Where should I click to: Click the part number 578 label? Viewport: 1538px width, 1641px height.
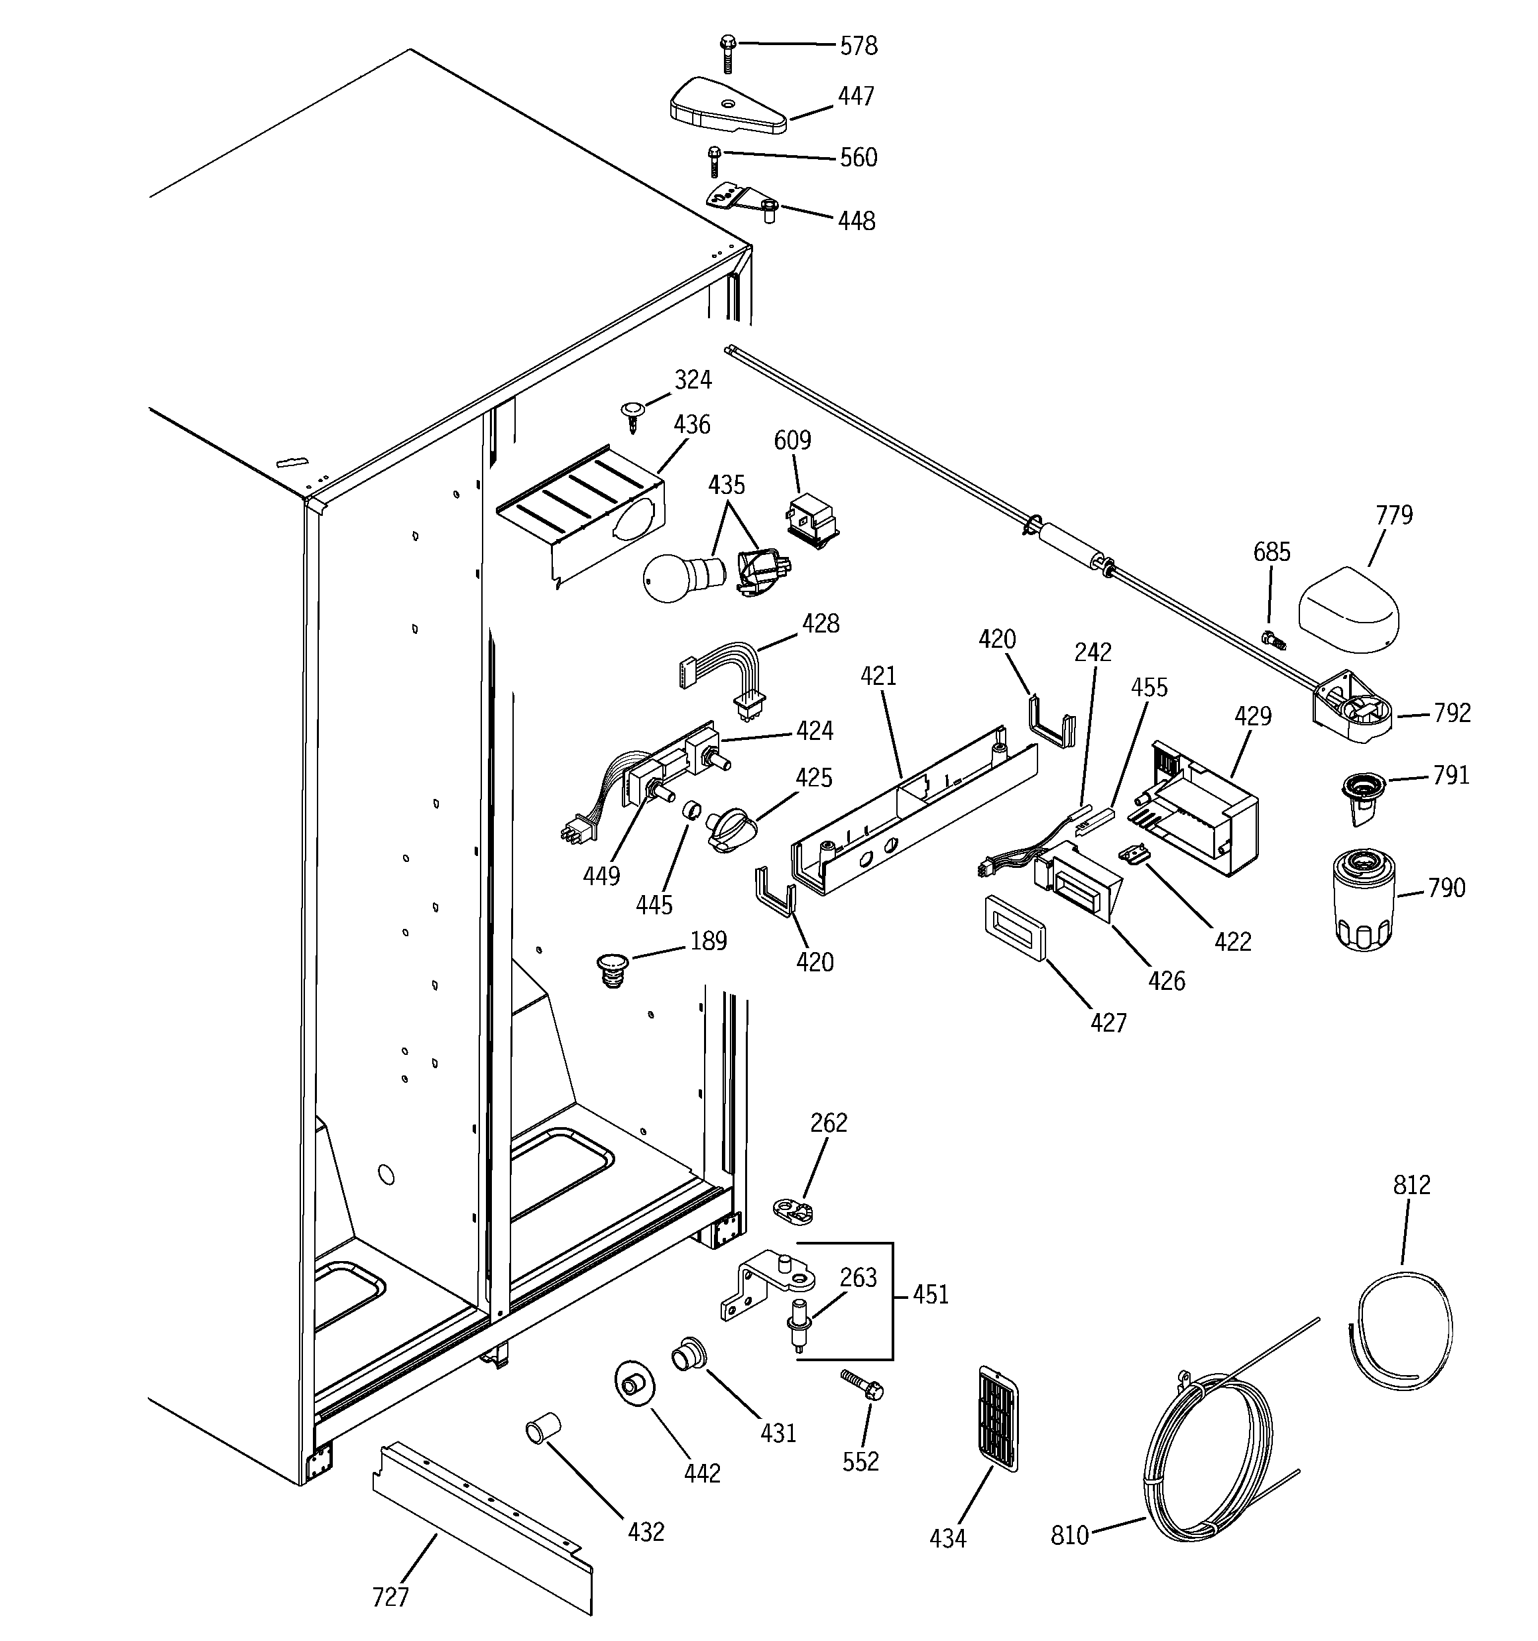(x=858, y=46)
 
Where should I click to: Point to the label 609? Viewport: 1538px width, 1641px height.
(x=792, y=440)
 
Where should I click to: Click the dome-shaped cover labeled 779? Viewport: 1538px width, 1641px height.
(x=1349, y=610)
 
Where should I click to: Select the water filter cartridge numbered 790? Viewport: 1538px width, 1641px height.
(x=1364, y=902)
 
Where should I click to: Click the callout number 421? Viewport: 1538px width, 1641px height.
(x=878, y=676)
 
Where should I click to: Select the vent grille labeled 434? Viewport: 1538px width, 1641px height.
(x=997, y=1418)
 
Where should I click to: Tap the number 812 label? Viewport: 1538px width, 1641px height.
(x=1411, y=1185)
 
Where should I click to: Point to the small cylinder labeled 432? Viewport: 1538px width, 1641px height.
(x=542, y=1429)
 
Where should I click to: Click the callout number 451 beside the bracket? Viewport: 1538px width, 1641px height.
(x=930, y=1294)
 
